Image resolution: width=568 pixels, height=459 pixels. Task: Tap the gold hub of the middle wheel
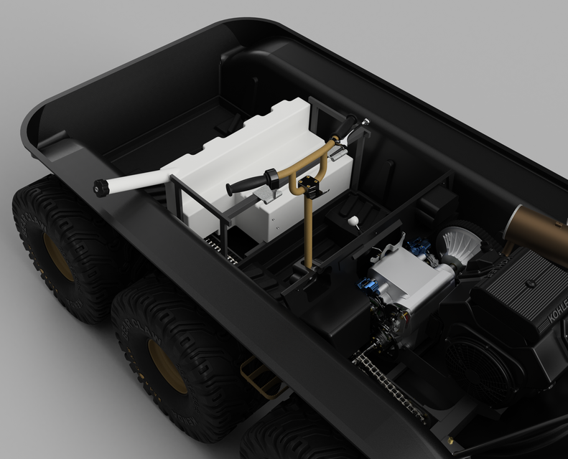click(x=167, y=366)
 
